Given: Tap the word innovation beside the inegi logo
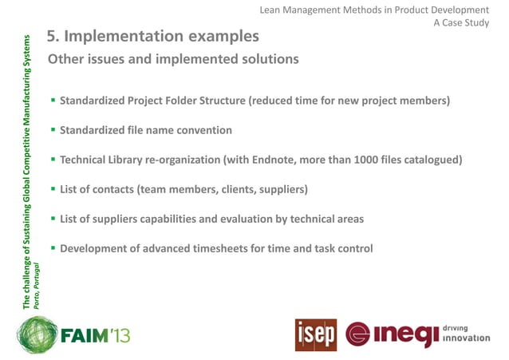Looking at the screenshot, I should [x=466, y=338].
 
